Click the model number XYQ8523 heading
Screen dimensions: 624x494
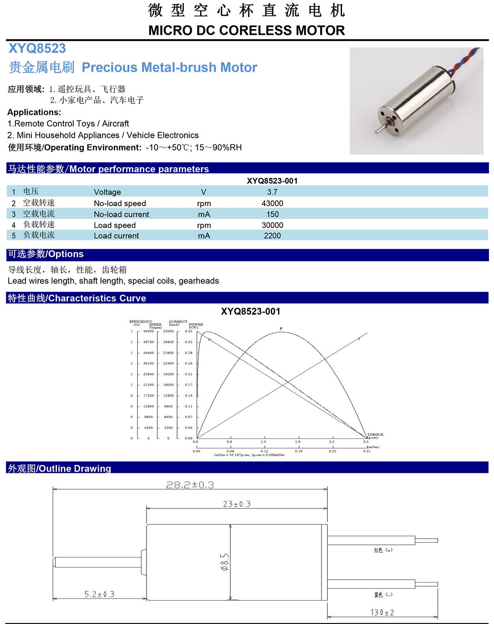(37, 49)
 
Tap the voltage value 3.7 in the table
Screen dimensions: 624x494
(272, 192)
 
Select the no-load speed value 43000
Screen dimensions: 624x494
(272, 203)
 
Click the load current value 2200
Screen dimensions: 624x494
(272, 236)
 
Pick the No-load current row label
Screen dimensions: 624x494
(121, 214)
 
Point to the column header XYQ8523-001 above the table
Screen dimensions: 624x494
(272, 181)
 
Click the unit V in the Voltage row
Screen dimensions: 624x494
(203, 192)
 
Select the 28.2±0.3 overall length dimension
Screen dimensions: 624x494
(190, 485)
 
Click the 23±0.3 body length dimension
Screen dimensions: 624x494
(237, 504)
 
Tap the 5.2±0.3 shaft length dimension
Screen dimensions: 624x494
(99, 594)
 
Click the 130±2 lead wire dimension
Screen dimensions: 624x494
(382, 612)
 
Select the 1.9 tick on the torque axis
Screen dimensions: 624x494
(297, 442)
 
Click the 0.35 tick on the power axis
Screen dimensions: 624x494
(188, 331)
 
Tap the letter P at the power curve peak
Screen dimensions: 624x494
(281, 328)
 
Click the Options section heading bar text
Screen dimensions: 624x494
(46, 254)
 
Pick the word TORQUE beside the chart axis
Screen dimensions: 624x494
(375, 434)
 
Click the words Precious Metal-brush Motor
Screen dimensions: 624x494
(170, 67)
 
